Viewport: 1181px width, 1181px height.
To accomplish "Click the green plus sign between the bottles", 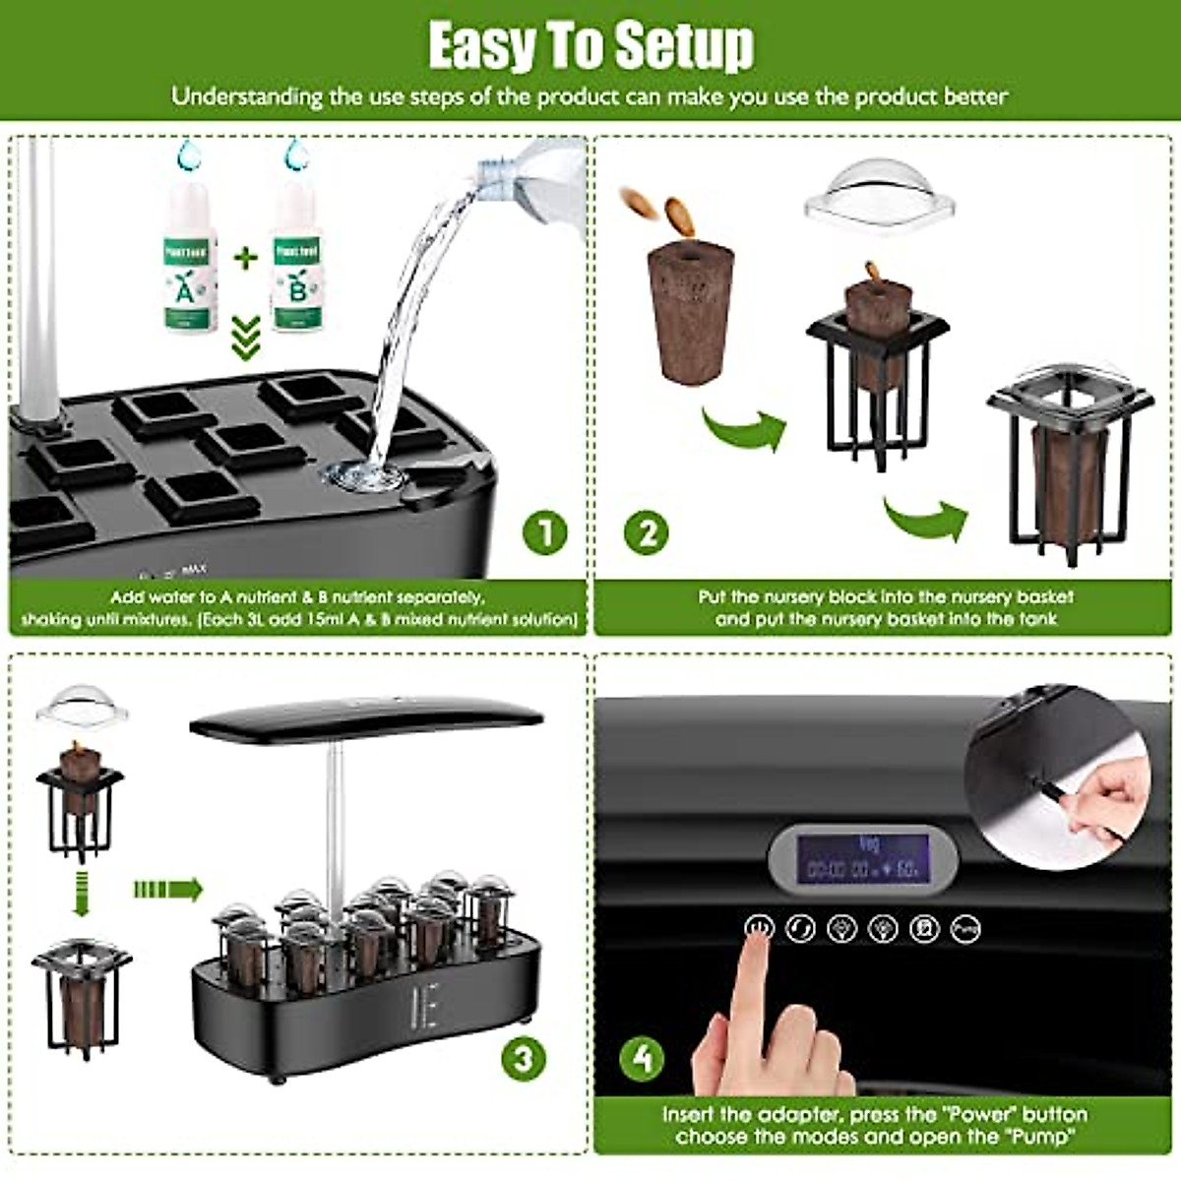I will click(x=245, y=259).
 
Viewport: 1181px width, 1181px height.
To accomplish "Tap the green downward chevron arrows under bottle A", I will click(x=245, y=338).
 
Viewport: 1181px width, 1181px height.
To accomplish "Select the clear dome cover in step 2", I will click(x=879, y=190).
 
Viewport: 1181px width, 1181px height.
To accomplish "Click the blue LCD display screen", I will click(x=862, y=859).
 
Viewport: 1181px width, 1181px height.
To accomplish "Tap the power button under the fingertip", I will click(x=759, y=927).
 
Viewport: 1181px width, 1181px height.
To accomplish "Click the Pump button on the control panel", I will click(x=965, y=928).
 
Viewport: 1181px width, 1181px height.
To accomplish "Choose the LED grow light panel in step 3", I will click(x=366, y=720).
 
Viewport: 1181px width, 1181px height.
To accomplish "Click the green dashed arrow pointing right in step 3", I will click(x=167, y=890).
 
